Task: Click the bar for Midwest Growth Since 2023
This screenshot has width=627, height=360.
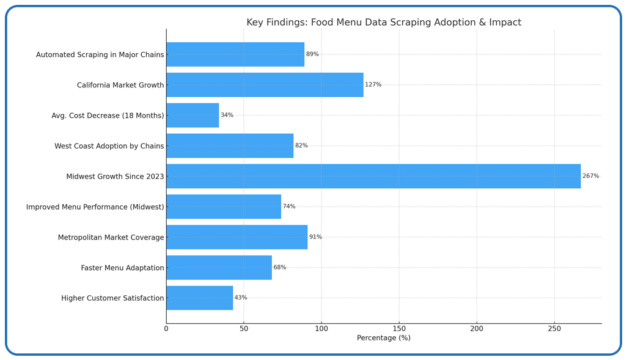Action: pyautogui.click(x=373, y=176)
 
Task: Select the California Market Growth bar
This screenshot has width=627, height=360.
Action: pyautogui.click(x=265, y=85)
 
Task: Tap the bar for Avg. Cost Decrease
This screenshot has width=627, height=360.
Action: pyautogui.click(x=193, y=116)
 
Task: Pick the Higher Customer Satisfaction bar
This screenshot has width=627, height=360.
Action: pyautogui.click(x=199, y=298)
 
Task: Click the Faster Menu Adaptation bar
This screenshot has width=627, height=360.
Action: pyautogui.click(x=219, y=268)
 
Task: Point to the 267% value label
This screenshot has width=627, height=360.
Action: pyautogui.click(x=590, y=176)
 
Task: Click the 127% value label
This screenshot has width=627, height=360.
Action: pyautogui.click(x=373, y=85)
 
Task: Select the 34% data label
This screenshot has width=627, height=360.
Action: pyautogui.click(x=227, y=116)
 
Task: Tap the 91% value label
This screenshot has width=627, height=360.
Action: pyautogui.click(x=315, y=237)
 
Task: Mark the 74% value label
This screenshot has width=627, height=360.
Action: pyautogui.click(x=289, y=207)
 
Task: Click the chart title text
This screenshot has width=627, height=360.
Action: pyautogui.click(x=384, y=23)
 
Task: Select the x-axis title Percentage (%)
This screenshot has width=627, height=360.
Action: pyautogui.click(x=384, y=338)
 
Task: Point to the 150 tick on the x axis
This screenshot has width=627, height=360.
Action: pyautogui.click(x=399, y=329)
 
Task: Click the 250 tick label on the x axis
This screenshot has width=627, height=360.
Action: pyautogui.click(x=554, y=329)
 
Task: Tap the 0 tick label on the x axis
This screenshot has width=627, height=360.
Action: pyautogui.click(x=166, y=329)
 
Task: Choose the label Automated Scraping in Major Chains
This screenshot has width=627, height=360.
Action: pyautogui.click(x=100, y=55)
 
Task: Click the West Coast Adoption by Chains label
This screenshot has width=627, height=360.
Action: pyautogui.click(x=109, y=146)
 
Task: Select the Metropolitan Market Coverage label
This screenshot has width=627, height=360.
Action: pyautogui.click(x=111, y=238)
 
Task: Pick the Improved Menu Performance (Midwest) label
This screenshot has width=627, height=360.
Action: pyautogui.click(x=95, y=207)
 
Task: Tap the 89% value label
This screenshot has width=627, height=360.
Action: pyautogui.click(x=312, y=54)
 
